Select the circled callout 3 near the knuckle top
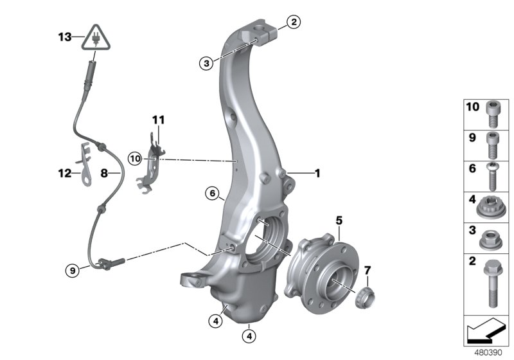(205, 63)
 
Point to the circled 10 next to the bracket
(134, 157)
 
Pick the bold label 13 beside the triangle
(66, 37)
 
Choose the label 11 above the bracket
(158, 120)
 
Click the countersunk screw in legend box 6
(492, 174)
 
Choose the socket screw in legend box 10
(492, 113)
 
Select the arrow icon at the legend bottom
(486, 332)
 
